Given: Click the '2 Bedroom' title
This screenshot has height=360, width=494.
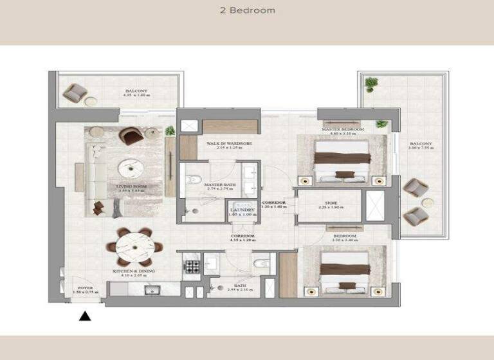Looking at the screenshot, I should pyautogui.click(x=247, y=10).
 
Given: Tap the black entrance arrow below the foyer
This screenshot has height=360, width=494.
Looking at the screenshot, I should pyautogui.click(x=84, y=316).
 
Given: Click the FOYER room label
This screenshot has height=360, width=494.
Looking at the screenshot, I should pyautogui.click(x=85, y=288).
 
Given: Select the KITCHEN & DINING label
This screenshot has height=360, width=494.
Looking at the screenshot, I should pyautogui.click(x=134, y=271).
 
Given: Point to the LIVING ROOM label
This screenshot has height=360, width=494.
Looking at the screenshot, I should pyautogui.click(x=131, y=186).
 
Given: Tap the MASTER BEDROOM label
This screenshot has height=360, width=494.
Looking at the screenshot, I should pyautogui.click(x=343, y=130).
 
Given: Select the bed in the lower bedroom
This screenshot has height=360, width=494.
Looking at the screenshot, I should pyautogui.click(x=344, y=271).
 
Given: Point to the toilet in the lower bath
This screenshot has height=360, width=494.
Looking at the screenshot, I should pyautogui.click(x=262, y=264).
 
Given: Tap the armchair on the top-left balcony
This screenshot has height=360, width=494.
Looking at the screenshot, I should pyautogui.click(x=75, y=94).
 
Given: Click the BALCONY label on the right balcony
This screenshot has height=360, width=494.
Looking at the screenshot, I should pyautogui.click(x=421, y=144).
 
